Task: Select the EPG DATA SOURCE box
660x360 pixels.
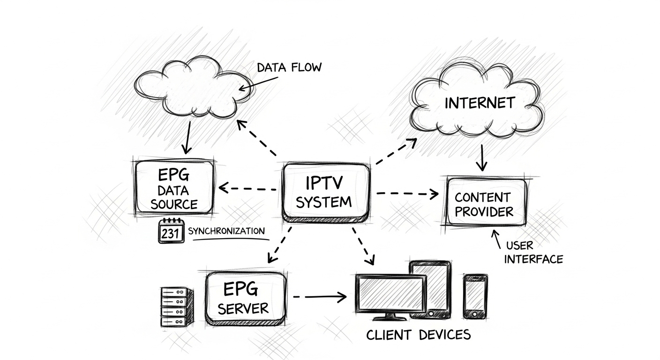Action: [x=174, y=188]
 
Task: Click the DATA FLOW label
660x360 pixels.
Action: [x=289, y=67]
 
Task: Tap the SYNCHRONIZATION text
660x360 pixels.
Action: [x=226, y=231]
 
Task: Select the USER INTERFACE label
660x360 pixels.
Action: [x=533, y=252]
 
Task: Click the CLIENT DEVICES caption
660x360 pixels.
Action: [x=418, y=335]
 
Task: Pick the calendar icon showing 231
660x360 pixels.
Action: [x=170, y=231]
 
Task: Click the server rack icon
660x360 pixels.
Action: [x=176, y=307]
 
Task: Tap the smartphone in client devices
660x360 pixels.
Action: [x=475, y=296]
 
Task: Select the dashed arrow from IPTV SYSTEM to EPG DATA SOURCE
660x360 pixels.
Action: [x=247, y=189]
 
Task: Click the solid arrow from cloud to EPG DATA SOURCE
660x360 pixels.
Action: [x=187, y=137]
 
